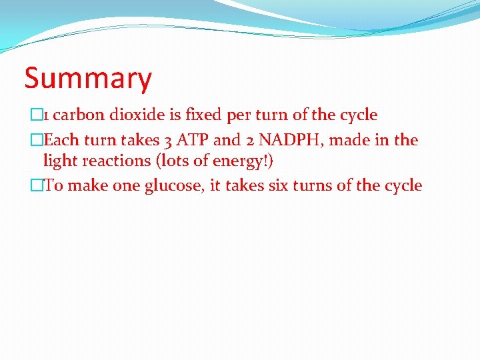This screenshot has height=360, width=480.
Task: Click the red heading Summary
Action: [x=88, y=79]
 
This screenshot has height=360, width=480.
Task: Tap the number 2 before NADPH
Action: [x=245, y=141]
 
